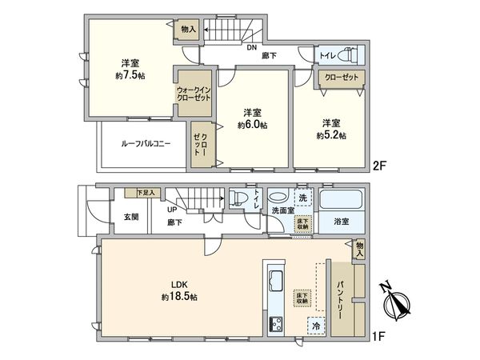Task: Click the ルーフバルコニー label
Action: point(146,144)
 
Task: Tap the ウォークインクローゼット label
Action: point(193,93)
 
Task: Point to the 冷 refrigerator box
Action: point(318,326)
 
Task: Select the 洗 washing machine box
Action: point(302,198)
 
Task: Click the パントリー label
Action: point(339,295)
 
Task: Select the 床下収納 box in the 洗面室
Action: point(303,223)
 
